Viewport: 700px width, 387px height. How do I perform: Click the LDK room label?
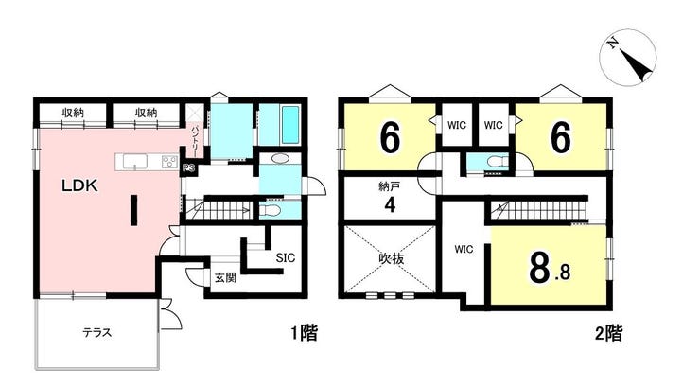click(79, 185)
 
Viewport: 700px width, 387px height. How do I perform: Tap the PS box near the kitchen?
click(188, 168)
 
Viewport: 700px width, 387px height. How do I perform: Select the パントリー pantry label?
click(195, 139)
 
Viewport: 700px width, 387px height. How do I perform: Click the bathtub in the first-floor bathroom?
click(290, 125)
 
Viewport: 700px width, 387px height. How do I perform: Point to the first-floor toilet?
click(271, 210)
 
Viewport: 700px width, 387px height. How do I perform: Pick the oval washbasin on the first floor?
click(279, 158)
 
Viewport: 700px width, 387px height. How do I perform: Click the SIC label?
click(286, 257)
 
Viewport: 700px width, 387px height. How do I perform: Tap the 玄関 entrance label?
click(225, 277)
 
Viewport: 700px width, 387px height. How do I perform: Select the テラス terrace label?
click(96, 332)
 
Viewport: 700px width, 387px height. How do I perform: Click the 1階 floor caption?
click(304, 332)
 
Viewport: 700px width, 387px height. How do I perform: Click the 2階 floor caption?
click(608, 332)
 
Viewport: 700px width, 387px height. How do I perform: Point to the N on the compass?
click(613, 43)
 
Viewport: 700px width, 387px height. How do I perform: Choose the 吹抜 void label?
click(391, 258)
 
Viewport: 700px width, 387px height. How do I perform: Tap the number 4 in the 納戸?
click(390, 205)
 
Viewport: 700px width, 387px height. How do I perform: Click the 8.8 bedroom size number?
click(549, 269)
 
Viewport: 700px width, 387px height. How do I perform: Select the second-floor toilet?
click(496, 161)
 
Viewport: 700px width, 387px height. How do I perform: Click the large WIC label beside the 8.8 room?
click(464, 249)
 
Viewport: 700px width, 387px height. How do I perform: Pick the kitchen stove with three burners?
click(169, 161)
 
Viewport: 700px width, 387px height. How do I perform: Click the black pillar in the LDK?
click(133, 210)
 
